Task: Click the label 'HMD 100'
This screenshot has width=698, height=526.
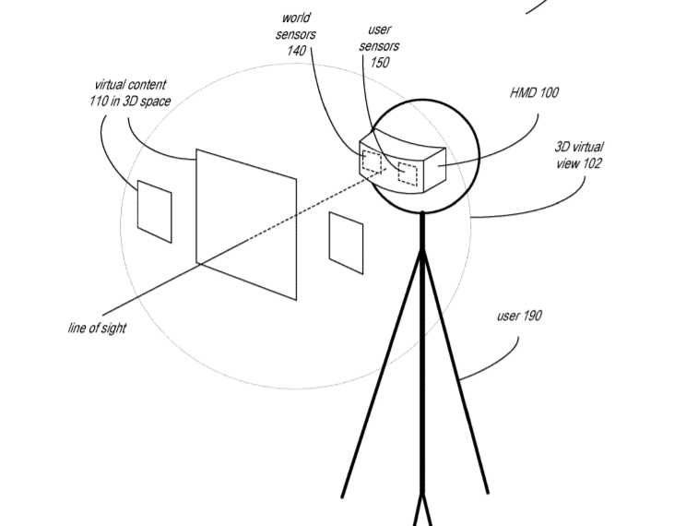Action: click(534, 93)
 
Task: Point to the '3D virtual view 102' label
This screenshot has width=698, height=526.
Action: click(579, 155)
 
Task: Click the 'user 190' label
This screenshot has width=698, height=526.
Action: click(519, 316)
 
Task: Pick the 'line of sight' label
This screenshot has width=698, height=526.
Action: click(97, 328)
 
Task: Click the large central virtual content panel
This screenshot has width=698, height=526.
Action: click(246, 223)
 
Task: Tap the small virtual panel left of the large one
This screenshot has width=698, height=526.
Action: click(154, 211)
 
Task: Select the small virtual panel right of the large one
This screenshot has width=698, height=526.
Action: click(346, 242)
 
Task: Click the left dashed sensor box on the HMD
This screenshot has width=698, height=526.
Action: click(373, 162)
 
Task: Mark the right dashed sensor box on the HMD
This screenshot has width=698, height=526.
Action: click(407, 173)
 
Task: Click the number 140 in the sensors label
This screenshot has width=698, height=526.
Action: click(296, 51)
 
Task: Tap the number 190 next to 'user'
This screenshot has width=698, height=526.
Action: click(532, 316)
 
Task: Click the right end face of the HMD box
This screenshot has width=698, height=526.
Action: click(433, 170)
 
